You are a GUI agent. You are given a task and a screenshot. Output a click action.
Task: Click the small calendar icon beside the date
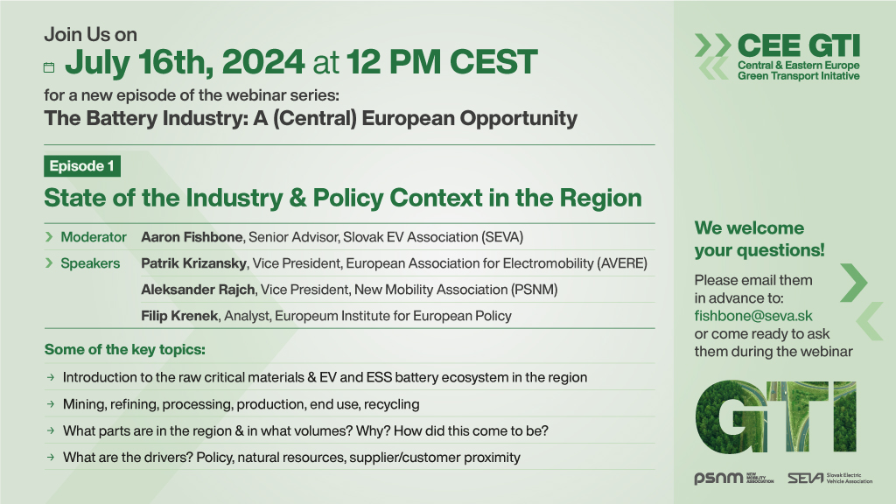tap(49, 67)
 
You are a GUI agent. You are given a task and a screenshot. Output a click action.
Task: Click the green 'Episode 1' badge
tap(82, 166)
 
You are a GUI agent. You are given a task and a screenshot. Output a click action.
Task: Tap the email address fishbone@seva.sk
tap(753, 316)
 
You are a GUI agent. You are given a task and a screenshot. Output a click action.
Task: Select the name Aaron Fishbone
tap(192, 237)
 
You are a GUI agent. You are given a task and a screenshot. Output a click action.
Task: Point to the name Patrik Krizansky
tap(193, 263)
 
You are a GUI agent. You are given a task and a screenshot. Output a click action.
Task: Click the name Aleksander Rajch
tap(198, 290)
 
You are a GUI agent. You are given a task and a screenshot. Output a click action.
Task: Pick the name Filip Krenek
tap(179, 316)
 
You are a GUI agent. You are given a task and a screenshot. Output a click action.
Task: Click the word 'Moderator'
tap(94, 237)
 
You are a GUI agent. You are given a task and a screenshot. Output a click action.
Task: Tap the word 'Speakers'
tap(90, 263)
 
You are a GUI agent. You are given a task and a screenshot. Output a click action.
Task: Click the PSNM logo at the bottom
tap(734, 478)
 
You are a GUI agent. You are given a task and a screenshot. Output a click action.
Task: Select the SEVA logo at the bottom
tap(829, 478)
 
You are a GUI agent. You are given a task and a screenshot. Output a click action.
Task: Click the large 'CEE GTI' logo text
tap(798, 45)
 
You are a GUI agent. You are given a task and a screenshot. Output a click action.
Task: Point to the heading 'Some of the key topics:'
tap(124, 350)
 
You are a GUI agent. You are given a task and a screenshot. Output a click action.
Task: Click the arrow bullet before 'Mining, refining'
tap(51, 404)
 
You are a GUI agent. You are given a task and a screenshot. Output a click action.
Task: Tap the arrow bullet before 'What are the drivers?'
tap(51, 457)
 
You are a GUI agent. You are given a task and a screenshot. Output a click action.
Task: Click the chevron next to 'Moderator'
tap(49, 237)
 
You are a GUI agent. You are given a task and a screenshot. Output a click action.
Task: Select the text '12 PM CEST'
tap(442, 62)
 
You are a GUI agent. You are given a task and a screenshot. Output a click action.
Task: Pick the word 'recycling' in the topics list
tap(391, 404)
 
